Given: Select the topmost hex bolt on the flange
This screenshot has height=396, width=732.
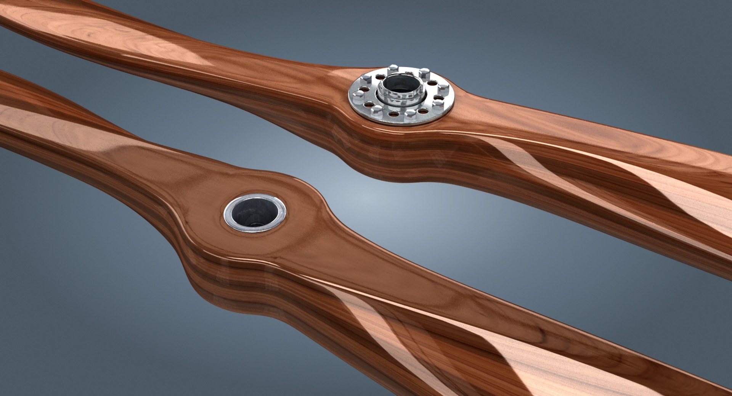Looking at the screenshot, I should [393, 69].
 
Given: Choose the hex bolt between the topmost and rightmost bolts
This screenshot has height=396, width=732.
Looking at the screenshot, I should [424, 73].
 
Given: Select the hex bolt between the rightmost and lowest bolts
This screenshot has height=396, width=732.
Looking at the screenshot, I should [438, 104].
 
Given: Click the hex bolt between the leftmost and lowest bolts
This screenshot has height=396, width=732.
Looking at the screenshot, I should [376, 111].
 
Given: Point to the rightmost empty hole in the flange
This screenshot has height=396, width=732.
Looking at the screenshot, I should [438, 97].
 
